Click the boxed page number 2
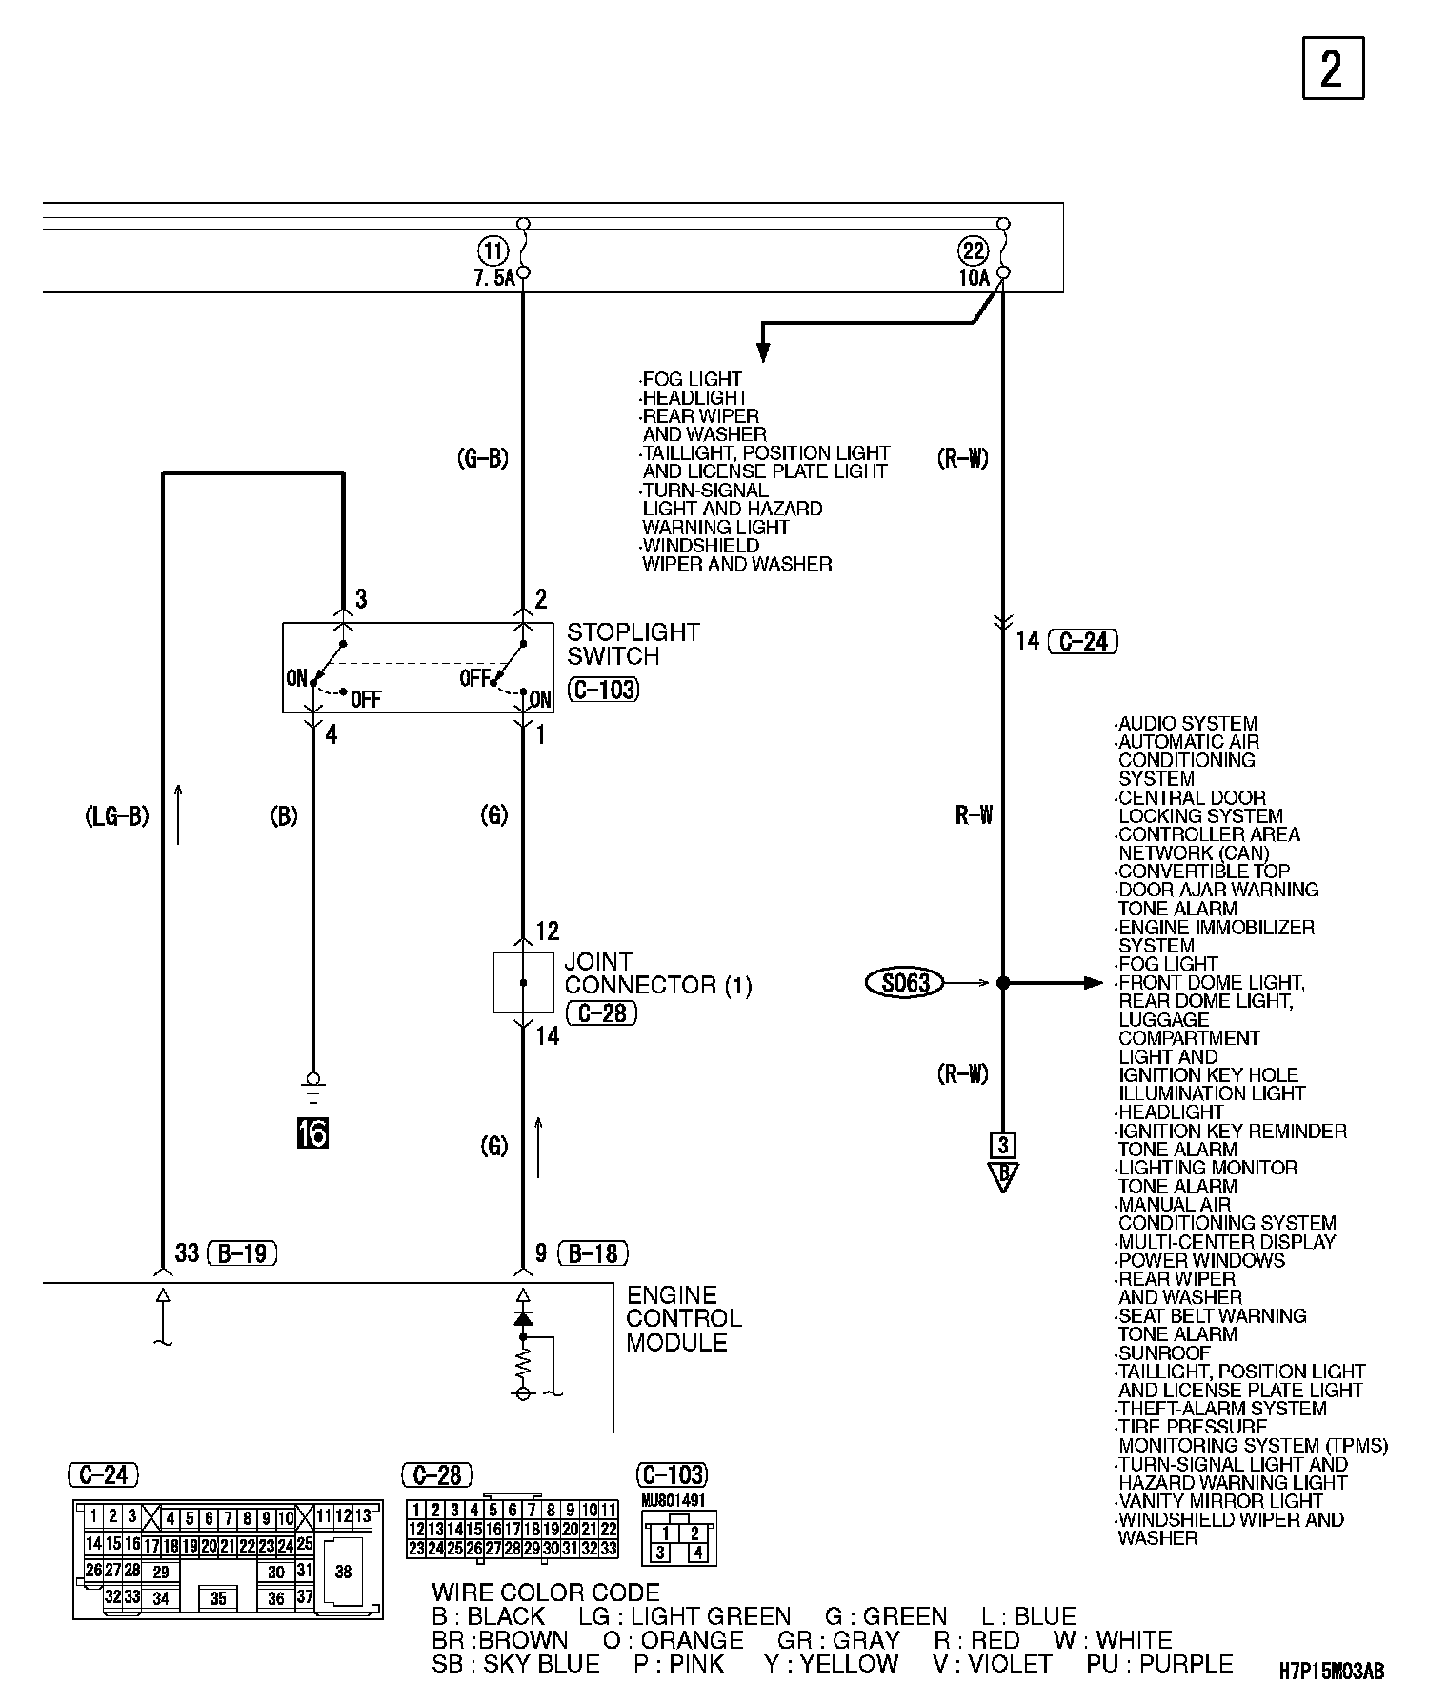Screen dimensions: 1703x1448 (1333, 68)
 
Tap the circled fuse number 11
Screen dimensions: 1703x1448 (493, 252)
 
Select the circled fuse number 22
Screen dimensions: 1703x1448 (973, 252)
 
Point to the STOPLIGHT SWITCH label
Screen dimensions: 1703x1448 (633, 644)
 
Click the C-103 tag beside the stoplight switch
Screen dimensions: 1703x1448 (603, 690)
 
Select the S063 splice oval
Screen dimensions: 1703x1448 (905, 982)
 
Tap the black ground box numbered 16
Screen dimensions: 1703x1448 (312, 1133)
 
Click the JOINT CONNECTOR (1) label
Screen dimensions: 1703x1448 (657, 973)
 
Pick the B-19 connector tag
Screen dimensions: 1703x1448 (241, 1252)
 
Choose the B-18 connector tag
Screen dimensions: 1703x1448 (593, 1252)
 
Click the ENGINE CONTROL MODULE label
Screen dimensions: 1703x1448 (683, 1318)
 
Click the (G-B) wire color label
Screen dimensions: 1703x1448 (482, 459)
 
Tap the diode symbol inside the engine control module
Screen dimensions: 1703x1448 (522, 1318)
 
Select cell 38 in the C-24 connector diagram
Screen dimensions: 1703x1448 (343, 1571)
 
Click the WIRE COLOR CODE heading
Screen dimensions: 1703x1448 (545, 1592)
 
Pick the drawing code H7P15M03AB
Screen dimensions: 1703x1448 (1332, 1671)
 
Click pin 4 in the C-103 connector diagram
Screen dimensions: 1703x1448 (697, 1553)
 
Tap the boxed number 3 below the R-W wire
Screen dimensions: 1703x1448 (1003, 1144)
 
